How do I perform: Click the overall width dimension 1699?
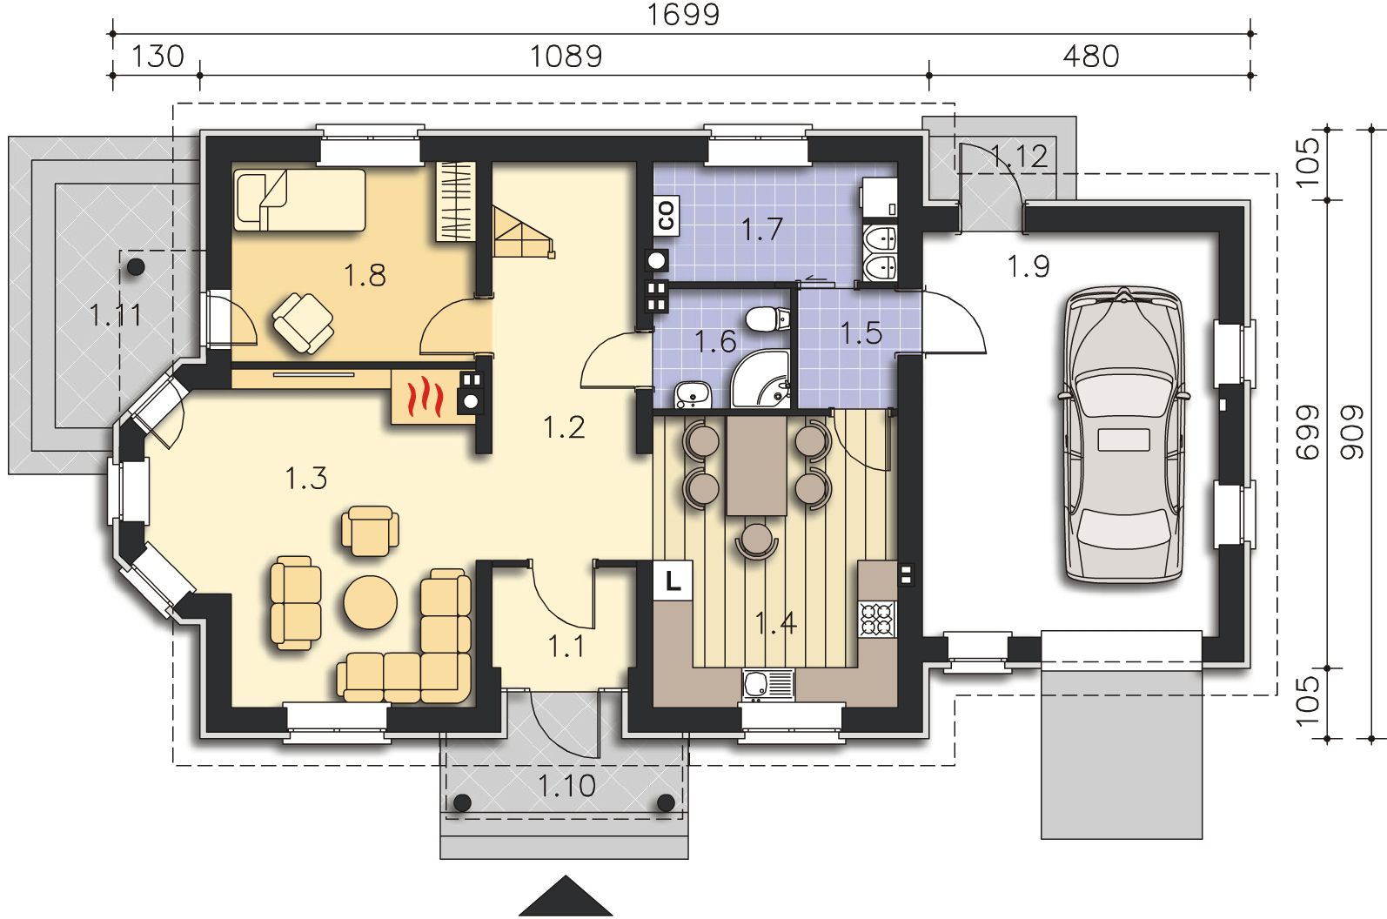point(683,14)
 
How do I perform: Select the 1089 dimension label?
point(566,57)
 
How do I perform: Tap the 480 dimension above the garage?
point(1091,57)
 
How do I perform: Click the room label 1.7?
point(762,229)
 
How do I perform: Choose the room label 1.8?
point(365,275)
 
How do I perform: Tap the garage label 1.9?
point(1029,266)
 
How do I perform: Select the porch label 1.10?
point(566,786)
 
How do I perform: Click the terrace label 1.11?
point(116,315)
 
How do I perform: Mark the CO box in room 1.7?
point(667,216)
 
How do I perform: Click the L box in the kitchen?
point(673,580)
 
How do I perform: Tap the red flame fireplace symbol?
point(424,399)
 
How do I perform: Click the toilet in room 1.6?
point(768,319)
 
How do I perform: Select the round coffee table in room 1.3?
point(371,602)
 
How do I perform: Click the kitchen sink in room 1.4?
point(767,686)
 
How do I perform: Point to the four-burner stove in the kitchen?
point(877,620)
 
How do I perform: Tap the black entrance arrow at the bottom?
point(566,896)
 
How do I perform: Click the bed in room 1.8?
point(299,200)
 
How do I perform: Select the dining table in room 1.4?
point(756,465)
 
